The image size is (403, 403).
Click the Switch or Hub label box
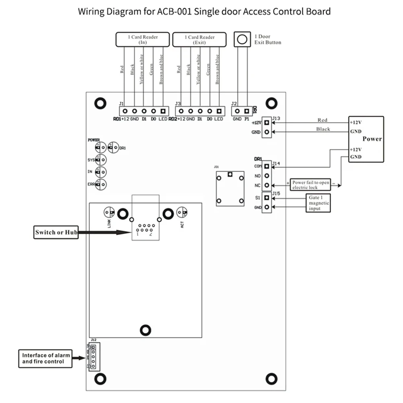pos(56,232)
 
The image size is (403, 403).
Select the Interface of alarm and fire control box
pos(45,358)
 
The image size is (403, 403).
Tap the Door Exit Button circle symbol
pos(242,39)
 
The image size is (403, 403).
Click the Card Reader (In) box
pos(143,39)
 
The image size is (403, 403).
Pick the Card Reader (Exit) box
pos(199,39)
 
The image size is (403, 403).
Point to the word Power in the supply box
pos(372,139)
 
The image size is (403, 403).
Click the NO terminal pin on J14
pos(266,176)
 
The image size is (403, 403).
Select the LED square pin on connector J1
pos(163,111)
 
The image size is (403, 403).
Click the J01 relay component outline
pos(230,188)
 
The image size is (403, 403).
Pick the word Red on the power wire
pos(322,120)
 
